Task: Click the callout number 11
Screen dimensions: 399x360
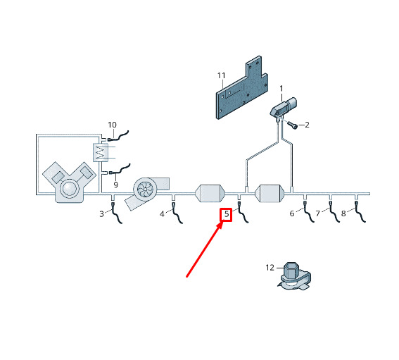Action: (x=222, y=75)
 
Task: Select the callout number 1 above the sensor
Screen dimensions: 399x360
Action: (x=281, y=89)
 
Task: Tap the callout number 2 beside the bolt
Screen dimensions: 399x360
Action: (x=307, y=125)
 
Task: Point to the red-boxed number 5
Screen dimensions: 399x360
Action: (x=227, y=214)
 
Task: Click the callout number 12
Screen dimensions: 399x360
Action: (x=270, y=268)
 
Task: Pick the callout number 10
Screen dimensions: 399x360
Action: (x=112, y=125)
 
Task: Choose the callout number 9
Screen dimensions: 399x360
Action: (x=116, y=185)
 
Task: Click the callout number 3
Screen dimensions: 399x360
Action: (x=101, y=213)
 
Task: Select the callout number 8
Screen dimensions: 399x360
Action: (x=343, y=213)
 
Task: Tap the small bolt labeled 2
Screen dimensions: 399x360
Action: (x=292, y=125)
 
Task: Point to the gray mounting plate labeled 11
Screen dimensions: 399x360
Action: (x=242, y=87)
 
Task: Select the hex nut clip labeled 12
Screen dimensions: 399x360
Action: (x=294, y=276)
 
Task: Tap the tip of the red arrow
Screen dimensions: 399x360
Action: (x=223, y=222)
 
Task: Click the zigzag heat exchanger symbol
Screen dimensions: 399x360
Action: (x=101, y=152)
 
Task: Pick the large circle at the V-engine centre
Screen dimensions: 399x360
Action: (x=69, y=189)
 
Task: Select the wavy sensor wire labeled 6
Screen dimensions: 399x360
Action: (x=308, y=211)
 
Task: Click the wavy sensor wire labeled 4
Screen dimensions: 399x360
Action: (x=177, y=213)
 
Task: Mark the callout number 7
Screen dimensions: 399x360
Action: (x=318, y=213)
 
